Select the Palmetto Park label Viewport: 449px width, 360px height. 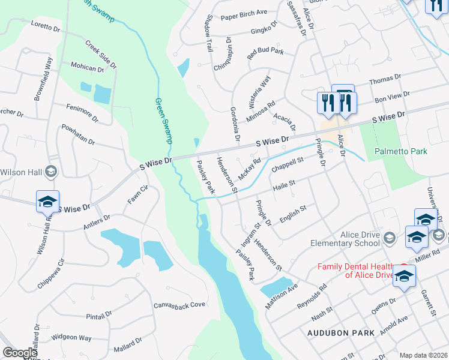tap(402, 151)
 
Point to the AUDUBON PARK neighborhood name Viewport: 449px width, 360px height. tap(341, 332)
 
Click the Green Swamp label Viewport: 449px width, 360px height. tap(164, 121)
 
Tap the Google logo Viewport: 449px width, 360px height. tap(20, 353)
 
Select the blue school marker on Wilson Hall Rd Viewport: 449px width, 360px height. tap(47, 202)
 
